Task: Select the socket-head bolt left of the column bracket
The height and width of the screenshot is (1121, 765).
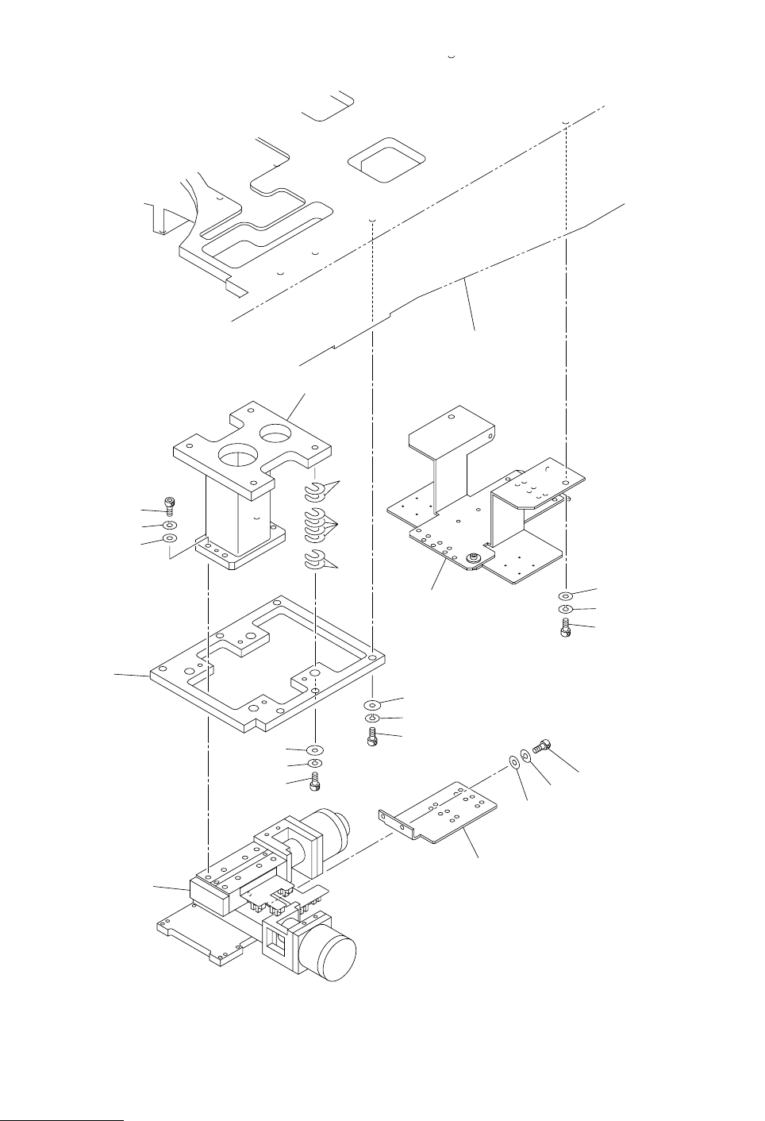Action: [169, 505]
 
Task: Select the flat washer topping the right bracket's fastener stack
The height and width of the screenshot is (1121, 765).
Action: [566, 595]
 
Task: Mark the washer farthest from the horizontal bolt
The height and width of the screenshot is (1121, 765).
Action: [513, 762]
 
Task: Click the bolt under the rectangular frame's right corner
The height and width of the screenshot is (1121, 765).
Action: [372, 738]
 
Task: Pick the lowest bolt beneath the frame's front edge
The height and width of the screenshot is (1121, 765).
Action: [316, 782]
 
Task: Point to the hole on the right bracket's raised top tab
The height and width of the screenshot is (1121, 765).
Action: [451, 416]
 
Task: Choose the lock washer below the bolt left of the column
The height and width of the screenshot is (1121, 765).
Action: [169, 525]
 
